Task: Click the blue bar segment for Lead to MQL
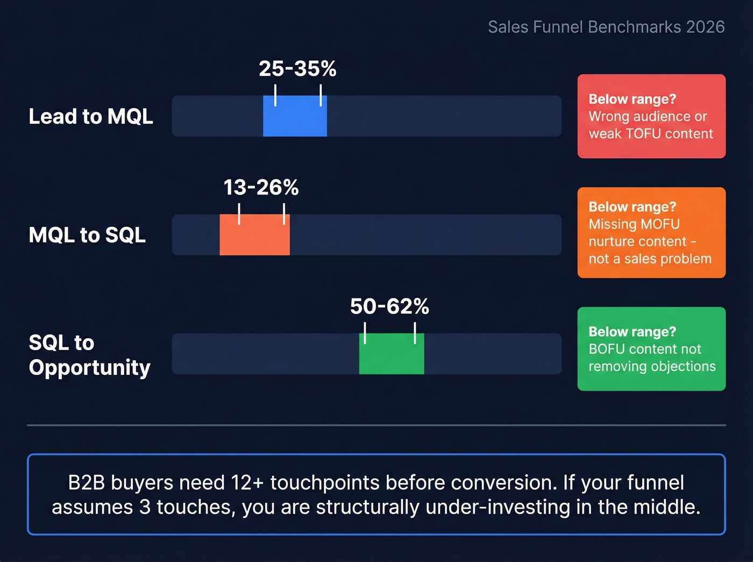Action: pyautogui.click(x=295, y=116)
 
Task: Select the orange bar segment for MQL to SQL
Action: pyautogui.click(x=254, y=234)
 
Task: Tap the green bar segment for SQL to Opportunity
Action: pyautogui.click(x=392, y=353)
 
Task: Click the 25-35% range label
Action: pyautogui.click(x=297, y=69)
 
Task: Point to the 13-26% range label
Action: pyautogui.click(x=261, y=188)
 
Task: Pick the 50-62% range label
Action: pyautogui.click(x=389, y=307)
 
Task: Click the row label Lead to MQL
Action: pyautogui.click(x=91, y=116)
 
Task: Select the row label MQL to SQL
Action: pyautogui.click(x=87, y=235)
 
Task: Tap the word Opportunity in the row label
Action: pyautogui.click(x=90, y=367)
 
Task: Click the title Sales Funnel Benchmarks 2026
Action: pyautogui.click(x=606, y=27)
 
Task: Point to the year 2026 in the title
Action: pyautogui.click(x=705, y=27)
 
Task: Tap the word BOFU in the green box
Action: pyautogui.click(x=607, y=349)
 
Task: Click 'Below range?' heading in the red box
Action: pyautogui.click(x=632, y=99)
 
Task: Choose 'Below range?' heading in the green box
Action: pyautogui.click(x=632, y=332)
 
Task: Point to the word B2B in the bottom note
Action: pyautogui.click(x=86, y=483)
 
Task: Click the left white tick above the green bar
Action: pyautogui.click(x=365, y=333)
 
